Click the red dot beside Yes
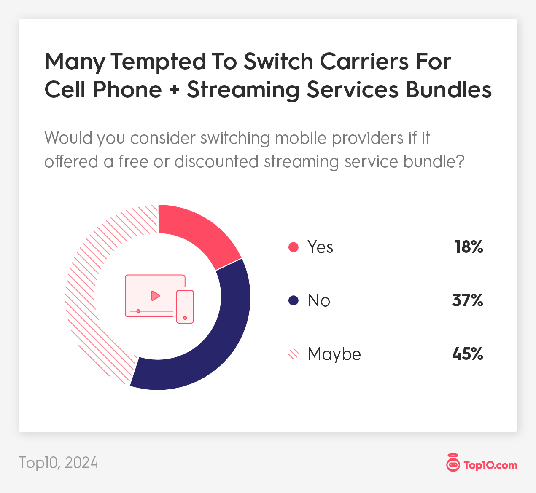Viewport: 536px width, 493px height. tap(294, 247)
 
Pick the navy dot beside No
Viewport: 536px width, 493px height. tap(294, 300)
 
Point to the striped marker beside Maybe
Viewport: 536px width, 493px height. tap(294, 354)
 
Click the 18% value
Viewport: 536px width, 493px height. tap(469, 247)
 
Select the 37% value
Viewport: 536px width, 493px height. tap(467, 300)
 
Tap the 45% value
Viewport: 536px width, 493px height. tap(467, 354)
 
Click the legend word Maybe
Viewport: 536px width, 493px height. tap(334, 354)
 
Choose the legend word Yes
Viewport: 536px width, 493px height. tap(320, 247)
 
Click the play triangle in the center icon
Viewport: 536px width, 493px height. tap(155, 296)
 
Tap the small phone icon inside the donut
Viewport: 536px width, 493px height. tap(185, 306)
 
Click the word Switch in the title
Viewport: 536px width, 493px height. tap(278, 62)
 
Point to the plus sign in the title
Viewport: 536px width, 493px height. tap(174, 90)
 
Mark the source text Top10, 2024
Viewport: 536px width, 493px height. tap(59, 463)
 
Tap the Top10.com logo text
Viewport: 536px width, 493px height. tap(490, 465)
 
